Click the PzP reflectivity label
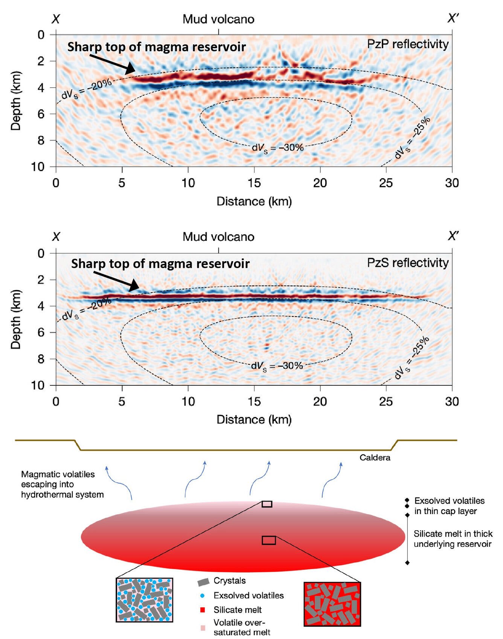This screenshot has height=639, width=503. coord(408,44)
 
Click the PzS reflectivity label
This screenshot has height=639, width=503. coord(408,262)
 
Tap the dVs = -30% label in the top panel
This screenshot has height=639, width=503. coord(277,148)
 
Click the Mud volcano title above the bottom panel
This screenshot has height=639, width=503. coord(218,237)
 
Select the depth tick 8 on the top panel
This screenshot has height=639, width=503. coord(41,140)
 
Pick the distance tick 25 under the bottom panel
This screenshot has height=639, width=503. coord(386,402)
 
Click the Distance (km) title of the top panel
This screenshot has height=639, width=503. coord(254,201)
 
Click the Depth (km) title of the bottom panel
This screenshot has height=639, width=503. coord(16,319)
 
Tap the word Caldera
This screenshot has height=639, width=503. coord(375,458)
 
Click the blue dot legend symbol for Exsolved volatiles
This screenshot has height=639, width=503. coord(203,596)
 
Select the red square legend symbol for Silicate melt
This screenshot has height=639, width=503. coord(203,610)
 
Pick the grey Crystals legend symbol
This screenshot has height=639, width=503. coord(203,582)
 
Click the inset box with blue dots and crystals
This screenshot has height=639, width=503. coord(144,600)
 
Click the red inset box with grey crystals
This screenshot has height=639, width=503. coord(332,604)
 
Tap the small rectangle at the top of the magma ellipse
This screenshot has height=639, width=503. coord(267,504)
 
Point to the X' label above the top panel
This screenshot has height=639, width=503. coord(453,18)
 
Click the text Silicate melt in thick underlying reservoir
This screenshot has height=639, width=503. coord(453,539)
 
